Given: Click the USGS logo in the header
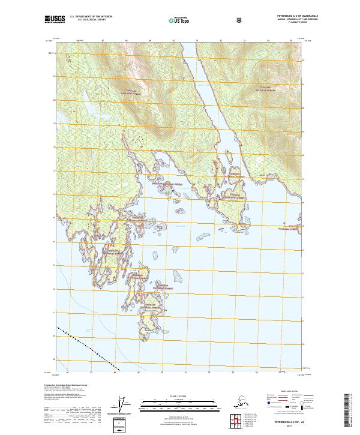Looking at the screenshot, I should coord(55,19).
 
